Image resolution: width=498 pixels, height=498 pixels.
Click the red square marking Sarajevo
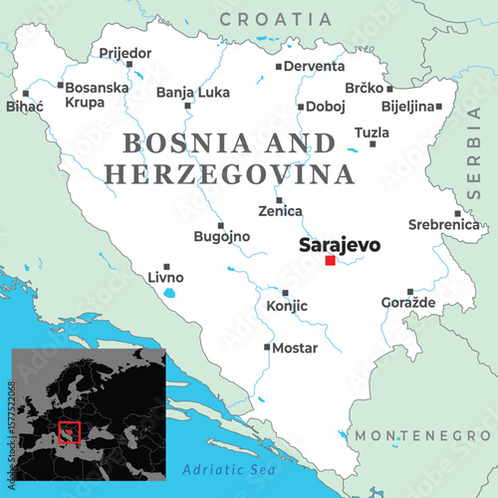(330, 260)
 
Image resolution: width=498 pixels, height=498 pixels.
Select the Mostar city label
(295, 348)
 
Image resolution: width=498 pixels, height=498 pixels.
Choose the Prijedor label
(124, 52)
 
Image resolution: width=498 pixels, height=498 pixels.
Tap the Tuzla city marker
(373, 143)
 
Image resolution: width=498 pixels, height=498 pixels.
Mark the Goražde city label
(408, 302)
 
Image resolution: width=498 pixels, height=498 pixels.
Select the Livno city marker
(167, 266)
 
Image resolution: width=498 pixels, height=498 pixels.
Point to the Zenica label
(279, 212)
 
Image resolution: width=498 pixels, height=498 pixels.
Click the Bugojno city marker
(220, 225)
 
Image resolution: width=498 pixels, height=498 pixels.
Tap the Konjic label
(287, 308)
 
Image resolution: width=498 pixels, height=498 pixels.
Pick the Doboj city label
(324, 106)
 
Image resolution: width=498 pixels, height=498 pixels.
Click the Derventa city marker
(279, 67)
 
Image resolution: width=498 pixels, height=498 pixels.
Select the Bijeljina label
(408, 106)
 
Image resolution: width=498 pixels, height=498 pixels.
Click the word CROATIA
(276, 19)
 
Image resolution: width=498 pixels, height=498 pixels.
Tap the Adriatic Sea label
(222, 468)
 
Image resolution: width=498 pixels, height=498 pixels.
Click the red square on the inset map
(69, 431)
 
